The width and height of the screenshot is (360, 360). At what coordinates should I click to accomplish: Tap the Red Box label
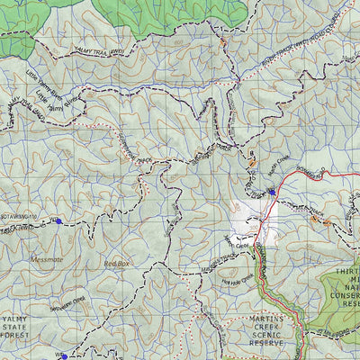pyautogui.click(x=118, y=264)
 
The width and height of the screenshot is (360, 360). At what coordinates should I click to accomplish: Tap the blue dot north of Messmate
pyautogui.click(x=59, y=220)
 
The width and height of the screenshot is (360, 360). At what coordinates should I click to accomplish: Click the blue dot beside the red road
pyautogui.click(x=271, y=192)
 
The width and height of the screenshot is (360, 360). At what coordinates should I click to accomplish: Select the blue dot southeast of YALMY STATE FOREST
pyautogui.click(x=64, y=356)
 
